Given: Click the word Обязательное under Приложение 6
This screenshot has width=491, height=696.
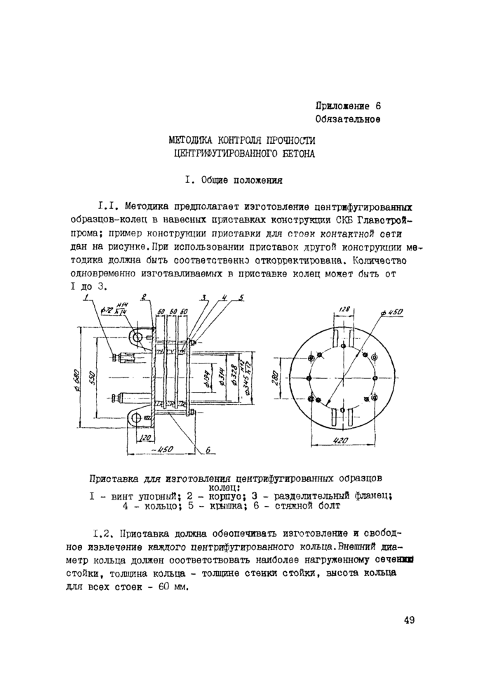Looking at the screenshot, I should (x=348, y=120).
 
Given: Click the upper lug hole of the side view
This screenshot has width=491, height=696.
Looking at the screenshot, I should (x=139, y=337).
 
